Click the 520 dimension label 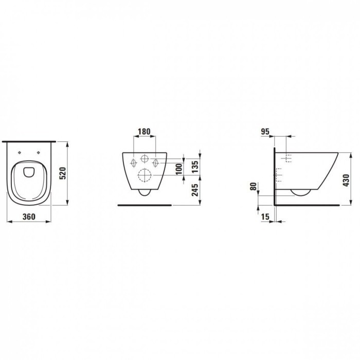[x=63, y=173]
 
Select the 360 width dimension [x=29, y=217]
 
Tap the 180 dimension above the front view [x=144, y=132]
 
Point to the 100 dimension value [x=179, y=169]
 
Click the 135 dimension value [x=195, y=167]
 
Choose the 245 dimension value [x=195, y=190]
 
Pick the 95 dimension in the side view [x=265, y=132]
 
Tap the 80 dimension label [x=253, y=186]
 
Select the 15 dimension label [x=265, y=217]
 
